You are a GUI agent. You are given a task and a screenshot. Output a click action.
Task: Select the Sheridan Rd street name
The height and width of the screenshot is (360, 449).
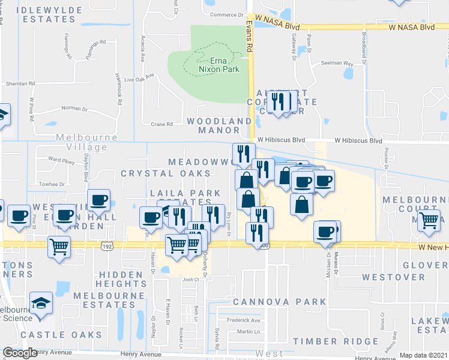20,84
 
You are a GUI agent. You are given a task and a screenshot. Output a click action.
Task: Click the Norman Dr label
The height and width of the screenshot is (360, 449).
74,109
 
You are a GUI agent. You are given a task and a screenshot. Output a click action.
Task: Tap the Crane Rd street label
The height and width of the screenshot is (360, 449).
162,124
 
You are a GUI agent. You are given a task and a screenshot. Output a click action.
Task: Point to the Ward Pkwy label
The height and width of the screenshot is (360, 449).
62,161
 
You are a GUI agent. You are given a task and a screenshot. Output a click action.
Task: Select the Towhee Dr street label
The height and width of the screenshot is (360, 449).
52,184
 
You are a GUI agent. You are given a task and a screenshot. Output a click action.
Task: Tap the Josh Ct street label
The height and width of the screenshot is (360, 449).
191,279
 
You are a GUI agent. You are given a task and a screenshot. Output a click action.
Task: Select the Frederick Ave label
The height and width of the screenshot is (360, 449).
244,320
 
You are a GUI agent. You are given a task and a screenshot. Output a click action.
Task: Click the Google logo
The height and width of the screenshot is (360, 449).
20,353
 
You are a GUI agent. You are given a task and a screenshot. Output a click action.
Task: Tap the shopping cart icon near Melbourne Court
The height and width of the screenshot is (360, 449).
428,220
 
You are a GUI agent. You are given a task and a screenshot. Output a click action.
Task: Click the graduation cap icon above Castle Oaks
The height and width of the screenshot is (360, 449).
41,304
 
